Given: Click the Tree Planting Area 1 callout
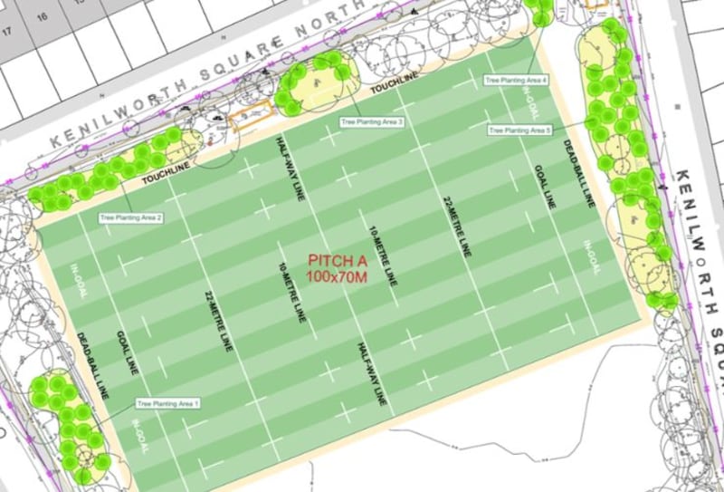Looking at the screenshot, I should (167, 402).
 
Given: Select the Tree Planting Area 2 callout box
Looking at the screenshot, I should (131, 217).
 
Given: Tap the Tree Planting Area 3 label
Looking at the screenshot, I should (371, 121).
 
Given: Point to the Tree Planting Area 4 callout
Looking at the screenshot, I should (516, 80).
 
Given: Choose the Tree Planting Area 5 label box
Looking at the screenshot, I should (519, 130).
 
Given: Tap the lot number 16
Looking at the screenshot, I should (41, 16).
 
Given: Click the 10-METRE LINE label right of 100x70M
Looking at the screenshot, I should (384, 255).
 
